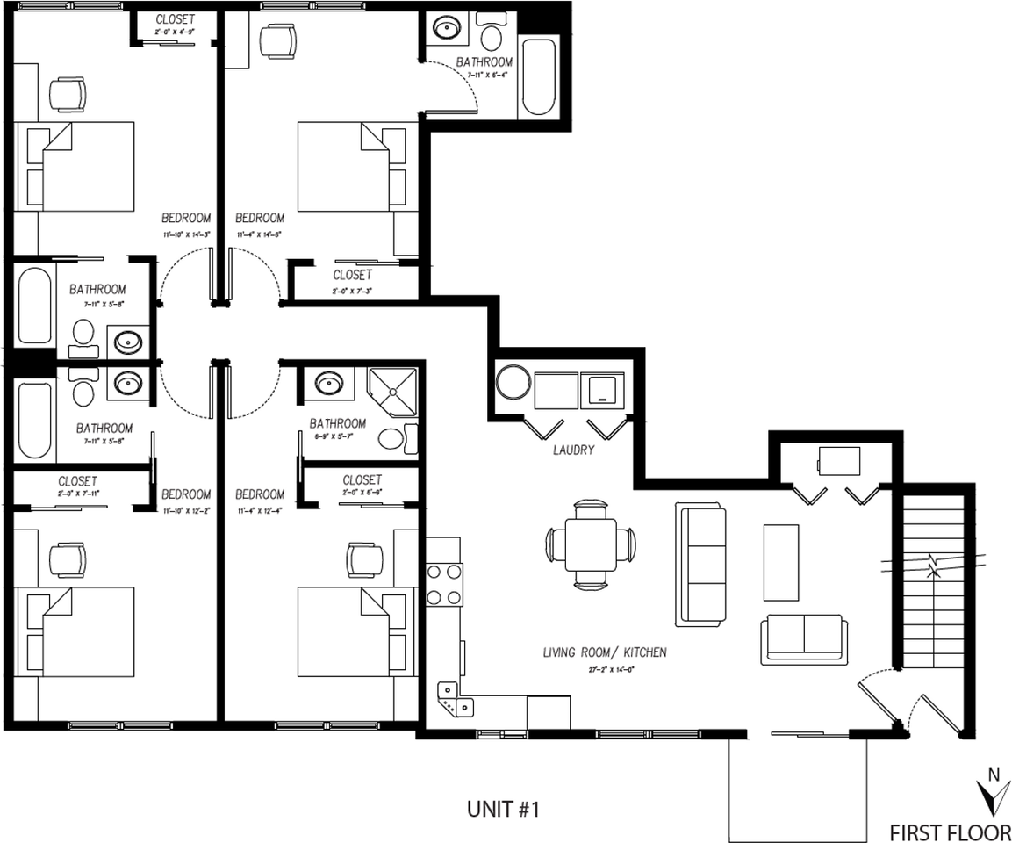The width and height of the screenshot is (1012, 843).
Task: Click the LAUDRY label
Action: [573, 450]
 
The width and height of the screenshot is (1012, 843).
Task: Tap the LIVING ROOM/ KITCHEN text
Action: [604, 652]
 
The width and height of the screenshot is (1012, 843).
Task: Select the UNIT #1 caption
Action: [503, 809]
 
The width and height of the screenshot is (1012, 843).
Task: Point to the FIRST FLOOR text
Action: [950, 831]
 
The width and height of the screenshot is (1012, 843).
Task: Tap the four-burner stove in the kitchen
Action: [444, 585]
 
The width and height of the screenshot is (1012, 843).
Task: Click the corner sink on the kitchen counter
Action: [454, 700]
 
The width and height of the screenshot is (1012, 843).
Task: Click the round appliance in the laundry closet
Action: [513, 384]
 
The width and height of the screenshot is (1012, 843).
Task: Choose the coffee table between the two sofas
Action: [780, 562]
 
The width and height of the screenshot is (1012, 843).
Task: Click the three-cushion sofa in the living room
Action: [700, 565]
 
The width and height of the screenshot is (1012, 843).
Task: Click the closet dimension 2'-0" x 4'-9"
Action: [175, 32]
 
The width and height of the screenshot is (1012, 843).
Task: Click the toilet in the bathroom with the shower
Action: [391, 438]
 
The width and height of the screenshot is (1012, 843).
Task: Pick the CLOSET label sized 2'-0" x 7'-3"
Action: [352, 275]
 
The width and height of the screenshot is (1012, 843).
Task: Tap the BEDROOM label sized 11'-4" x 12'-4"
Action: [260, 494]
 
